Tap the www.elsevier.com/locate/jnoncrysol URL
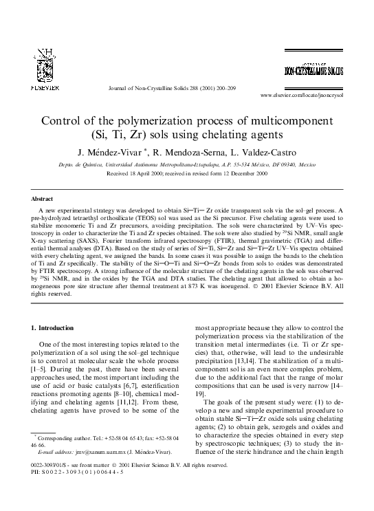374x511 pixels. click(301, 95)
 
